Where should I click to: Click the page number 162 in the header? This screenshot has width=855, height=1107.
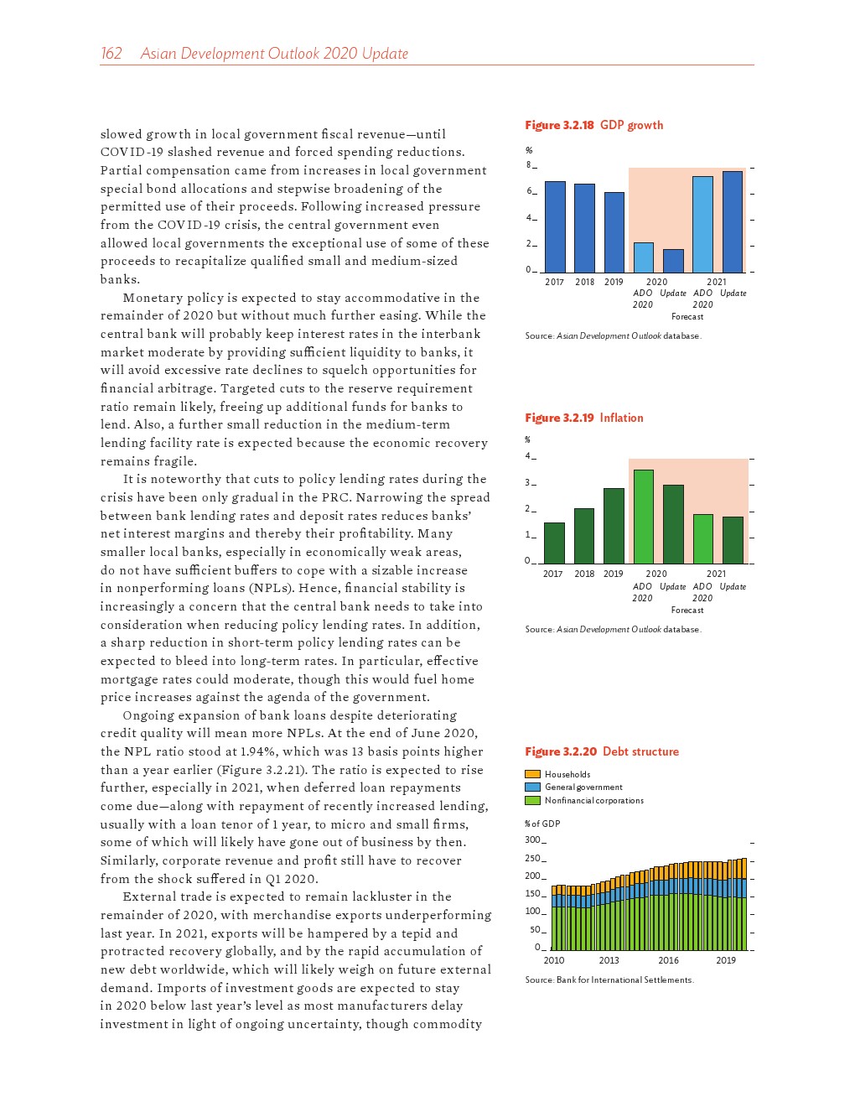pyautogui.click(x=111, y=54)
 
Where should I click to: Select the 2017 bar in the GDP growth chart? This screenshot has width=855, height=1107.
pyautogui.click(x=555, y=226)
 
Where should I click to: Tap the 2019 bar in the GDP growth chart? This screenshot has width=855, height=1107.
pyautogui.click(x=614, y=232)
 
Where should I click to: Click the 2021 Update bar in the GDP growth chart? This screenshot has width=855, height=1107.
pyautogui.click(x=733, y=221)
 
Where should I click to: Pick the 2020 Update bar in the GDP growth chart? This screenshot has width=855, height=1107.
pyautogui.click(x=673, y=260)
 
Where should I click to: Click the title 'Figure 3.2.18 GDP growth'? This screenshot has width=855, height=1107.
pyautogui.click(x=593, y=125)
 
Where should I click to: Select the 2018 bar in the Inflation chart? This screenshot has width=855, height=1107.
pyautogui.click(x=584, y=535)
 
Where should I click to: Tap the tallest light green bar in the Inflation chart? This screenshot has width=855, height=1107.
pyautogui.click(x=644, y=517)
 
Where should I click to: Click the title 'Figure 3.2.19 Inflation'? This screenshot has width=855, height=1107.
pyautogui.click(x=583, y=418)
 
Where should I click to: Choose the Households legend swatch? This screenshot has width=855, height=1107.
pyautogui.click(x=533, y=774)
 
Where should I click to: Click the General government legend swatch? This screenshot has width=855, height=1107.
pyautogui.click(x=533, y=787)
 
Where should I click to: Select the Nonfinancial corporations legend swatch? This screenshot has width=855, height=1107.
pyautogui.click(x=533, y=800)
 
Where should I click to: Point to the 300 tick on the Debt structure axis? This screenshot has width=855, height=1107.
pyautogui.click(x=533, y=839)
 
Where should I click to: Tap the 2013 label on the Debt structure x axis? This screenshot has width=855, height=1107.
pyautogui.click(x=609, y=960)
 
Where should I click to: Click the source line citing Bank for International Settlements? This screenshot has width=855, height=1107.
pyautogui.click(x=609, y=980)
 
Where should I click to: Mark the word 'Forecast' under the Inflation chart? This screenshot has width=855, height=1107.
pyautogui.click(x=687, y=610)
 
